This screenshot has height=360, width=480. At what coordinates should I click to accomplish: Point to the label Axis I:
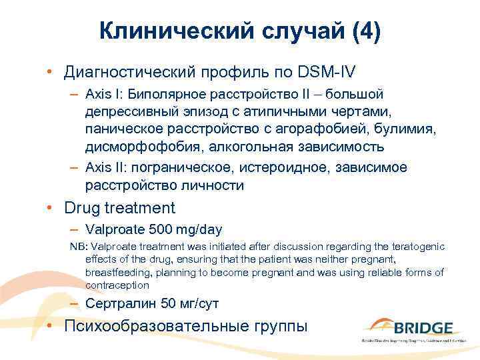pyautogui.click(x=105, y=94)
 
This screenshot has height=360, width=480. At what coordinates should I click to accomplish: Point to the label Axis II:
pyautogui.click(x=107, y=167)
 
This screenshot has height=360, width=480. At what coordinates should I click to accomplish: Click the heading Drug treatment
pyautogui.click(x=119, y=207)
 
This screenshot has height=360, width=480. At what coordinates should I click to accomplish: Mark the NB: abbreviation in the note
pyautogui.click(x=78, y=247)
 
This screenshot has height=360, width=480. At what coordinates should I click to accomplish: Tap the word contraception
pyautogui.click(x=117, y=285)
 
